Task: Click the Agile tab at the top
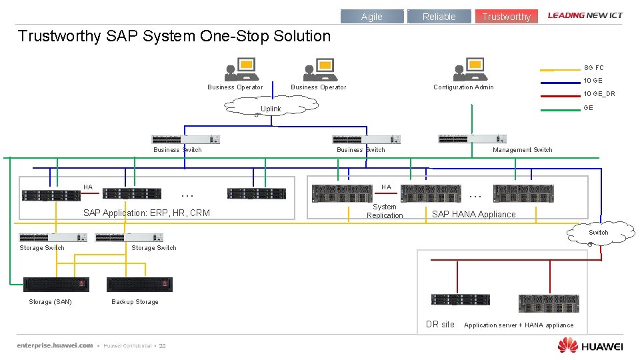(372, 17)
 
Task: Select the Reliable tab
(439, 17)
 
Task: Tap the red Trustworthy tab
(507, 17)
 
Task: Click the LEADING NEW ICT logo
(585, 15)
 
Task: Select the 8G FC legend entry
(593, 68)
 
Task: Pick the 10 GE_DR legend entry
(599, 94)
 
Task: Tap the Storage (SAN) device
(56, 285)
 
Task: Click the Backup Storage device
(139, 285)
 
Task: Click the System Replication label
(385, 211)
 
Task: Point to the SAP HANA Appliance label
(473, 214)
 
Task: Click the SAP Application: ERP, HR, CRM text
(146, 213)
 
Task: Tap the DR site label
(440, 325)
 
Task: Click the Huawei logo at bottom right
(590, 345)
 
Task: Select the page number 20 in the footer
(162, 346)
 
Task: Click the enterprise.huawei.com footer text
(55, 345)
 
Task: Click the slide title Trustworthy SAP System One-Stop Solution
(174, 36)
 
